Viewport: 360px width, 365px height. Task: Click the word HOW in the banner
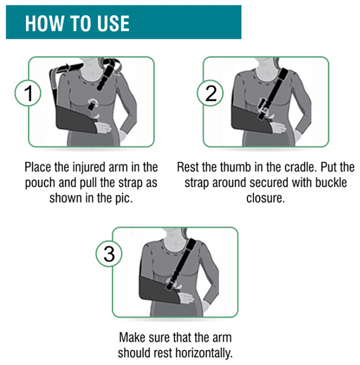point(44,23)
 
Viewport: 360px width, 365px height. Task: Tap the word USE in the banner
point(113,23)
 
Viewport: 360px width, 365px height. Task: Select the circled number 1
point(28,93)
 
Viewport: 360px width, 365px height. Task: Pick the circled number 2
point(211,93)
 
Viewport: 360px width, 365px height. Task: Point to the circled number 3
point(109,254)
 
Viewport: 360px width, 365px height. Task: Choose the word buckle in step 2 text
point(331,182)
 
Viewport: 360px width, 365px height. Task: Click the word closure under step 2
point(266,198)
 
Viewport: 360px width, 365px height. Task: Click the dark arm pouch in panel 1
point(76,118)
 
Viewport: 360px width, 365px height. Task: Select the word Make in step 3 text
point(132,337)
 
